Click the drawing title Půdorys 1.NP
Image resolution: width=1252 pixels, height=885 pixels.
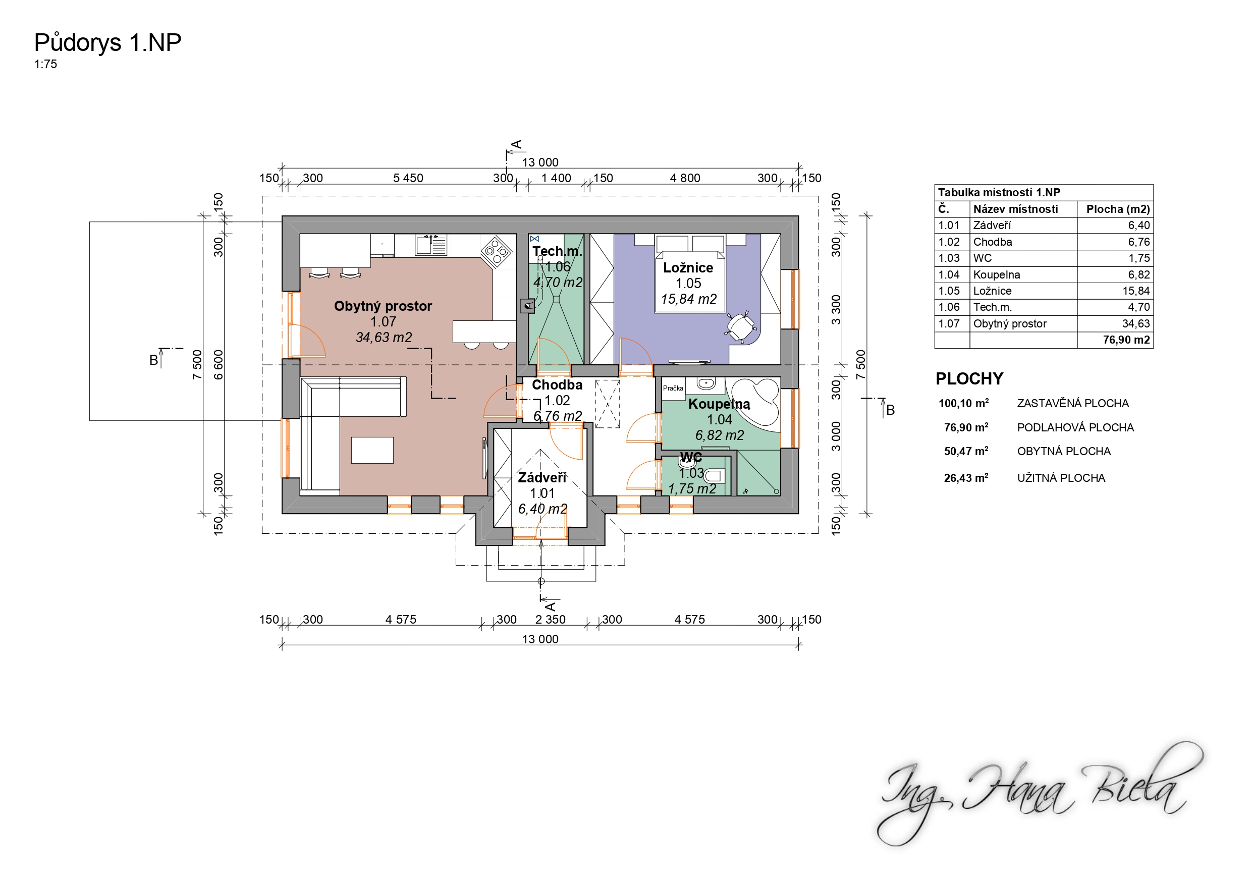[107, 43]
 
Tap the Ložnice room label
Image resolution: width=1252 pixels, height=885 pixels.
[688, 268]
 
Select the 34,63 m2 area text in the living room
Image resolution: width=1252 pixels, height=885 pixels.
[384, 338]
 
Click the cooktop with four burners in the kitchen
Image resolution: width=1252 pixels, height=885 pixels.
[496, 251]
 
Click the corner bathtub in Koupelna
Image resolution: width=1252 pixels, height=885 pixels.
[756, 403]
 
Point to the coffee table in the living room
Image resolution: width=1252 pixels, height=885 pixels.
[372, 451]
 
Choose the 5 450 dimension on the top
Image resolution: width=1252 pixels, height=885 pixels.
[408, 178]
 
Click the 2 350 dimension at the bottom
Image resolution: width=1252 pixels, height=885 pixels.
[550, 620]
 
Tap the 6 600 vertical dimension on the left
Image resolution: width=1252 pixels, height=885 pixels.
[218, 365]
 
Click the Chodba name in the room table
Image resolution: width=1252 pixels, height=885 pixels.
[993, 242]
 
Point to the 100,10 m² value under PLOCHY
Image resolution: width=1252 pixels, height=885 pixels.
[963, 404]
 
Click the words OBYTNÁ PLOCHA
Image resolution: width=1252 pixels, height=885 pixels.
[1064, 452]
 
